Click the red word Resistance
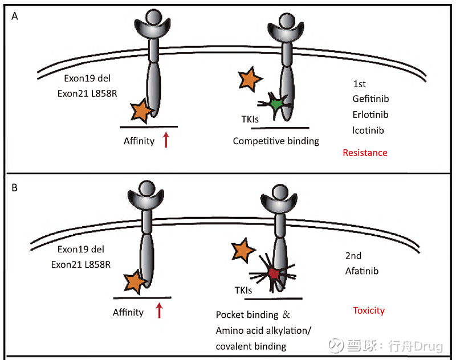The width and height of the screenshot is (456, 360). click(365, 153)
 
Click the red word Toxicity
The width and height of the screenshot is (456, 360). click(369, 310)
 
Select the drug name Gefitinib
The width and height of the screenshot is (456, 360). click(370, 99)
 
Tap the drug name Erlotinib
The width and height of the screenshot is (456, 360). click(370, 114)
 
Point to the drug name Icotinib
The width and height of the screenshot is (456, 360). click(368, 130)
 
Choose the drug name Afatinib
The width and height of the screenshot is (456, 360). click(362, 271)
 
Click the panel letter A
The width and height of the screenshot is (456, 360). click(15, 16)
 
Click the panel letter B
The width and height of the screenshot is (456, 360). click(15, 188)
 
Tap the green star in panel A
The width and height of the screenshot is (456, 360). click(275, 104)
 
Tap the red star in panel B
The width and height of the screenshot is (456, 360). click(274, 274)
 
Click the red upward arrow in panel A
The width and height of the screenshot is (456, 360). click(166, 140)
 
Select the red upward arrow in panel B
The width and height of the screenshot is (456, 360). click(159, 310)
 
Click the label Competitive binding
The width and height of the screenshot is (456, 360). click(276, 141)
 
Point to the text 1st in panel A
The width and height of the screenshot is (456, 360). click(359, 84)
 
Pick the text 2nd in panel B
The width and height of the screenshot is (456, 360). click(353, 256)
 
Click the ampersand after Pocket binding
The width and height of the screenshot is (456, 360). click(286, 314)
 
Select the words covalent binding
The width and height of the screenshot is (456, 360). click(251, 346)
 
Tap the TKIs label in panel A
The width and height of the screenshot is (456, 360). click(250, 119)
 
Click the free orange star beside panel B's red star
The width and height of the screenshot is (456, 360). click(243, 250)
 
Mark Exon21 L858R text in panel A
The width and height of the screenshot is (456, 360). click(87, 93)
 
